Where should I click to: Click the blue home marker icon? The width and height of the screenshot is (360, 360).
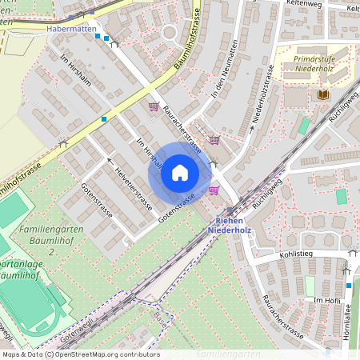coord(180,172)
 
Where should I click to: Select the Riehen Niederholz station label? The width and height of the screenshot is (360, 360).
coord(230,226)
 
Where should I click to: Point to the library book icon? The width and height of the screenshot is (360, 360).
coord(323,95)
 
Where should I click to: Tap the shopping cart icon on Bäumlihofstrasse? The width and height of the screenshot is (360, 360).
coord(153,106)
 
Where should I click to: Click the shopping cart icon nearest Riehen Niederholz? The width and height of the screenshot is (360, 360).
coord(214,190)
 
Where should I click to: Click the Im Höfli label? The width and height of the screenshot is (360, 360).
coord(327,299)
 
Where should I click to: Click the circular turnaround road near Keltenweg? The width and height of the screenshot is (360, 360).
coord(169,34)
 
